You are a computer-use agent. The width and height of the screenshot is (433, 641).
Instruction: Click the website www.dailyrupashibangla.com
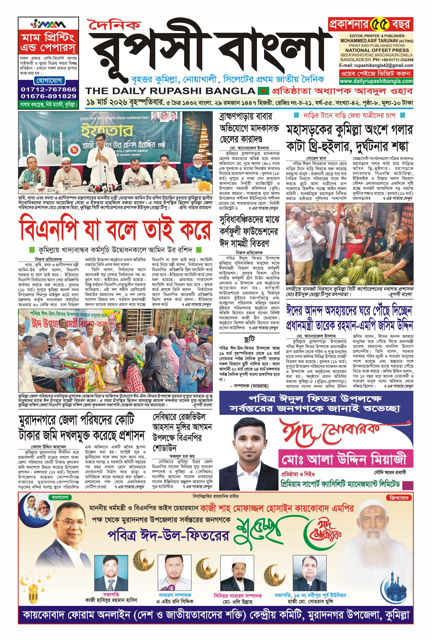click(x=376, y=81)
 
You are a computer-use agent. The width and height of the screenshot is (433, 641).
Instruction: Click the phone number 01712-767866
click(x=48, y=89)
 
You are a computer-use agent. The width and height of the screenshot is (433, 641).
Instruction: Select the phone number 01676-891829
click(x=48, y=96)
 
